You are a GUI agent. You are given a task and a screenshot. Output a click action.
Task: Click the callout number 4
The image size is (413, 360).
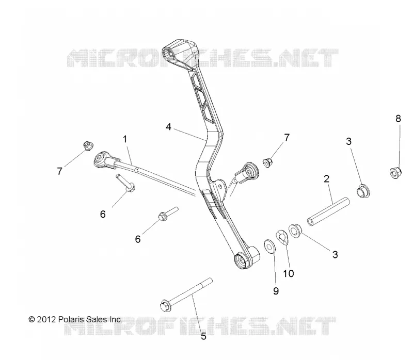point(168,127)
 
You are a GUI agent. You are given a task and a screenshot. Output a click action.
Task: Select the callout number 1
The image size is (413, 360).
point(125,139)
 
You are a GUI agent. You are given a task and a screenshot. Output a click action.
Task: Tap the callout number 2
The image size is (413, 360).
point(326,179)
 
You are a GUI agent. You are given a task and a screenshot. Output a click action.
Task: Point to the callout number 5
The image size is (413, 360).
point(203,336)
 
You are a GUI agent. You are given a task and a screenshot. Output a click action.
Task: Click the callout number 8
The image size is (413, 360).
point(398,119)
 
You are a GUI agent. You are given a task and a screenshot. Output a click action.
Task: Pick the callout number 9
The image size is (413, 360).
point(276,291)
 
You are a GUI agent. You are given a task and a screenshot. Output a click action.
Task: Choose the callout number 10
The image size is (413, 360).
point(289,274)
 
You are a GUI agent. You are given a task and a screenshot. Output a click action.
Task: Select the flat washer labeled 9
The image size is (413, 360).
point(269,246)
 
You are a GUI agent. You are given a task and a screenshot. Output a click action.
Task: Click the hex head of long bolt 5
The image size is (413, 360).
point(165,305)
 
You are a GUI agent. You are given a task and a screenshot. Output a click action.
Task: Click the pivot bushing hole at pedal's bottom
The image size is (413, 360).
point(241,260)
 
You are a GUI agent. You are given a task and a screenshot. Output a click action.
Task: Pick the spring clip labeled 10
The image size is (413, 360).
point(282,237)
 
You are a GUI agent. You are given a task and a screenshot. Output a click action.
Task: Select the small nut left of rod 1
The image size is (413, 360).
point(87,145)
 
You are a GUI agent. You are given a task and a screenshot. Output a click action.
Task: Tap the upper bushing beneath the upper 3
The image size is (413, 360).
point(363,190)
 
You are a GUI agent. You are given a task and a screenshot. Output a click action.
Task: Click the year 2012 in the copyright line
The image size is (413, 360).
point(46,319)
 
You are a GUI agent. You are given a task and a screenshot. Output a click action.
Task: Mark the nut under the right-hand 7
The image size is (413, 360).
point(267,162)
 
